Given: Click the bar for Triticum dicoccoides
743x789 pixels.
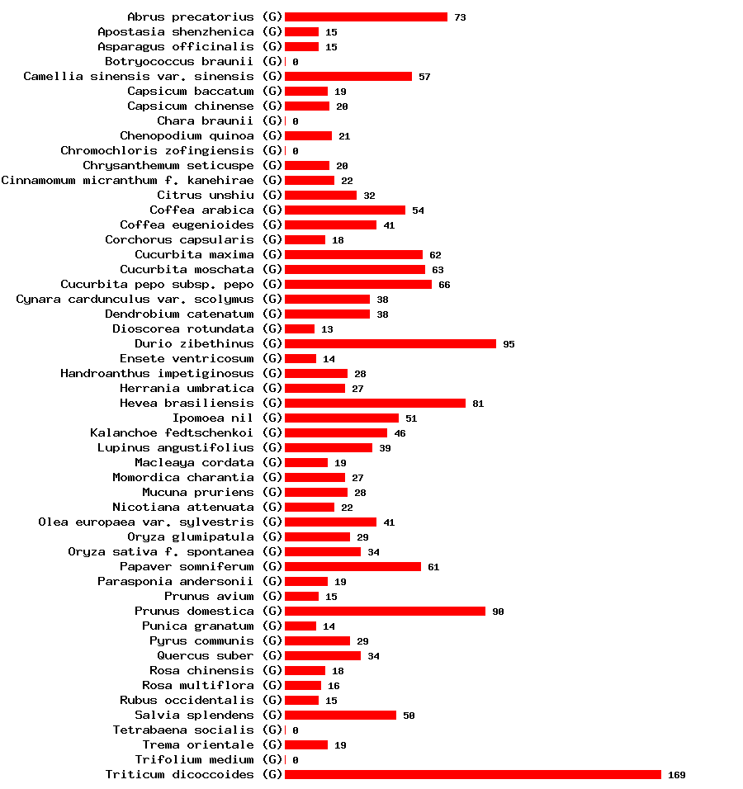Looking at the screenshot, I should (473, 774).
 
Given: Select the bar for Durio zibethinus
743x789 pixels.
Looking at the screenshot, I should (390, 343).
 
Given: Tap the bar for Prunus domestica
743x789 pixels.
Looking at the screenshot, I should (385, 611).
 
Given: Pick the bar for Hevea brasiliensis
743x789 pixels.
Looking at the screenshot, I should (375, 403).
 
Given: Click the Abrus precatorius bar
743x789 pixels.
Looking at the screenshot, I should (366, 17).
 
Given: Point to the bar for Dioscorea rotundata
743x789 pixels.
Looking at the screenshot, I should (300, 328).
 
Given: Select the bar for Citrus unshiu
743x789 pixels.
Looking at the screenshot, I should (320, 195).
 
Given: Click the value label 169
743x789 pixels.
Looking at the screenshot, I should (677, 775).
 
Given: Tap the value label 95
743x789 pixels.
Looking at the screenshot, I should (509, 344).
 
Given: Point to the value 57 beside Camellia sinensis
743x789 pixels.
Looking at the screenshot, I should (424, 77).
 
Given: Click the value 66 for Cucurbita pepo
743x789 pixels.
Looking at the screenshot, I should (444, 285).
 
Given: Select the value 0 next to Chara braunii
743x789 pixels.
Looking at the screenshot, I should (296, 121).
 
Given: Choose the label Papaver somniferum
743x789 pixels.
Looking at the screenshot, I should (187, 566).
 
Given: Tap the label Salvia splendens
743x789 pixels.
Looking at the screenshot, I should (194, 715).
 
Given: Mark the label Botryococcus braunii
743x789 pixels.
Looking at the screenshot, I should (179, 61).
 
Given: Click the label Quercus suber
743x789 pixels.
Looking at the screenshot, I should (206, 655).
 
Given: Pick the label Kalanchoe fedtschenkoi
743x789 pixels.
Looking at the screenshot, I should (172, 432).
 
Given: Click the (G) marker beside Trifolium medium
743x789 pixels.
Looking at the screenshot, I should (272, 759).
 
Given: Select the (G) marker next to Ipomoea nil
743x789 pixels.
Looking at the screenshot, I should (272, 418).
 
